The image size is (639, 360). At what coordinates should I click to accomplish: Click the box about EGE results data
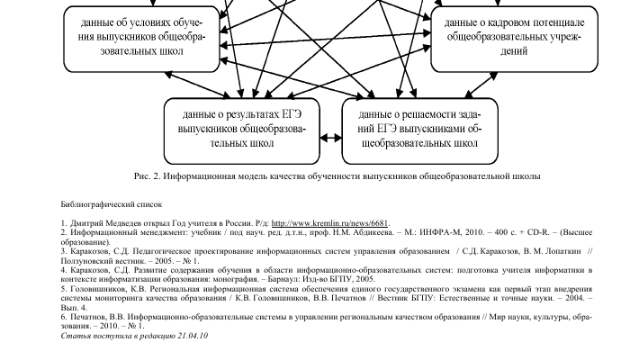[x=249, y=128]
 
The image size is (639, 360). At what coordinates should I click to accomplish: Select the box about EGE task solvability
[x=419, y=128]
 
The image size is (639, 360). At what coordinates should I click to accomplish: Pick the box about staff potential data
[x=514, y=37]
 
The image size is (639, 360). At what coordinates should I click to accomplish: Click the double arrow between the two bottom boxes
[x=334, y=139]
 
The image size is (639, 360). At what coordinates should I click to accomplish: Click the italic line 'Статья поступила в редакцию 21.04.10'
[x=134, y=336]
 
